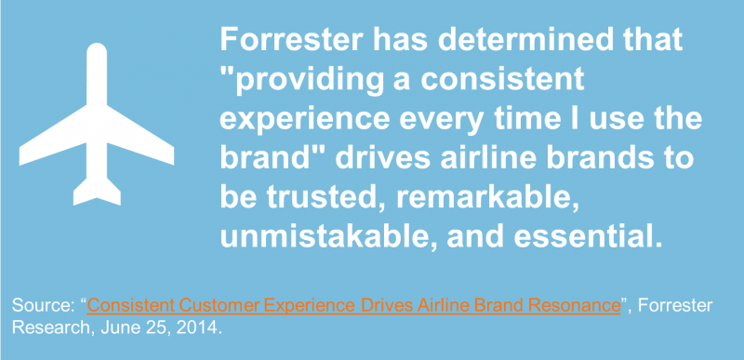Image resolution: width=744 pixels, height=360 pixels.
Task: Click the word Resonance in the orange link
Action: coord(576,306)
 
